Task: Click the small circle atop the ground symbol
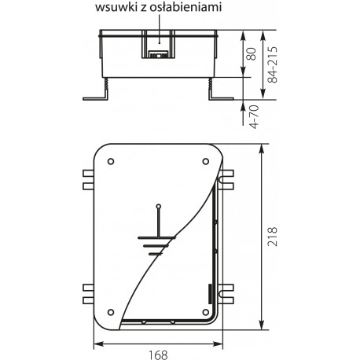pos(160,207)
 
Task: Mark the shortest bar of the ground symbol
pos(160,255)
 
